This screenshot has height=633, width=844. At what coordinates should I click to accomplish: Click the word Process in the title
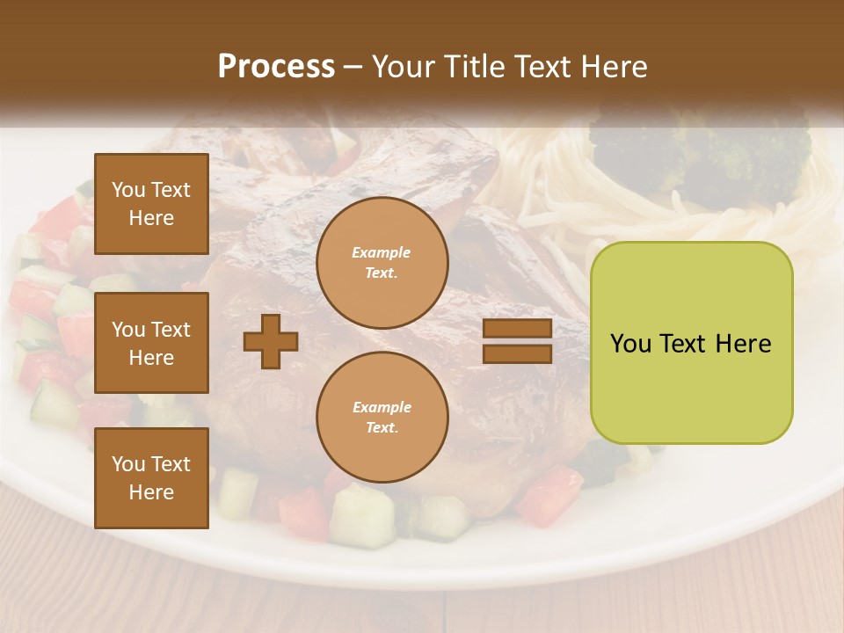click(x=276, y=67)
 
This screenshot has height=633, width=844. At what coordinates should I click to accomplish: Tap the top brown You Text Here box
click(x=151, y=204)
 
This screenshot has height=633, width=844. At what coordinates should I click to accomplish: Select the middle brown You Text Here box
click(x=151, y=343)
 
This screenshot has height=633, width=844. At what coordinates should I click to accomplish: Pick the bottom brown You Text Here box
click(x=151, y=478)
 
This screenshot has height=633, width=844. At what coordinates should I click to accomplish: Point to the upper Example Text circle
click(x=382, y=263)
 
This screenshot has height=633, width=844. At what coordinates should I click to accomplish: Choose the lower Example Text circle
click(x=382, y=418)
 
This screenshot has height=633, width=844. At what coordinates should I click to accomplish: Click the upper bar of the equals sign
click(x=517, y=329)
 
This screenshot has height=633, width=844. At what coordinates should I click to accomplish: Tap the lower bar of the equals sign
click(x=517, y=353)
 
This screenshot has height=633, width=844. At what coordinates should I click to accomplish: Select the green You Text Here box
click(x=691, y=342)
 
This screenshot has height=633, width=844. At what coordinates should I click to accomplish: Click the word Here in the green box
click(x=743, y=344)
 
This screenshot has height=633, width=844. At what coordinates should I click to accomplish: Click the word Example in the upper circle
click(x=382, y=253)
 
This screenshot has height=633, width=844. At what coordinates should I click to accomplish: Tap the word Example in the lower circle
click(x=382, y=408)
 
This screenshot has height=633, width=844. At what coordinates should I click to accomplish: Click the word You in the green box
click(x=630, y=344)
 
